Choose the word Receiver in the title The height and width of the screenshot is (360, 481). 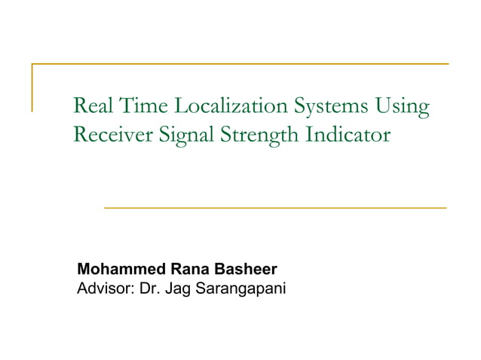(110, 136)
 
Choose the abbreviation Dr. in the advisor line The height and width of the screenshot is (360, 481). (145, 287)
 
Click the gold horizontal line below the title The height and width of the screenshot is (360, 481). (274, 207)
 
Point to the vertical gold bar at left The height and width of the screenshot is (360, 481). (32, 87)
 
